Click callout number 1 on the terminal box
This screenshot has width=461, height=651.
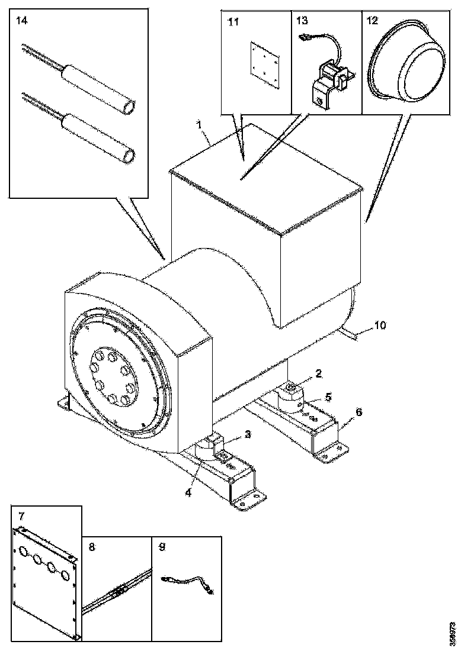point(200,125)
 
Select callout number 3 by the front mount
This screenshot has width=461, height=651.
point(248,434)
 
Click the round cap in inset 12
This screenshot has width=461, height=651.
point(409,65)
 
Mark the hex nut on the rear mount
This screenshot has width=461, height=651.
point(292,388)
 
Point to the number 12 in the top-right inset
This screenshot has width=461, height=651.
point(372,21)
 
